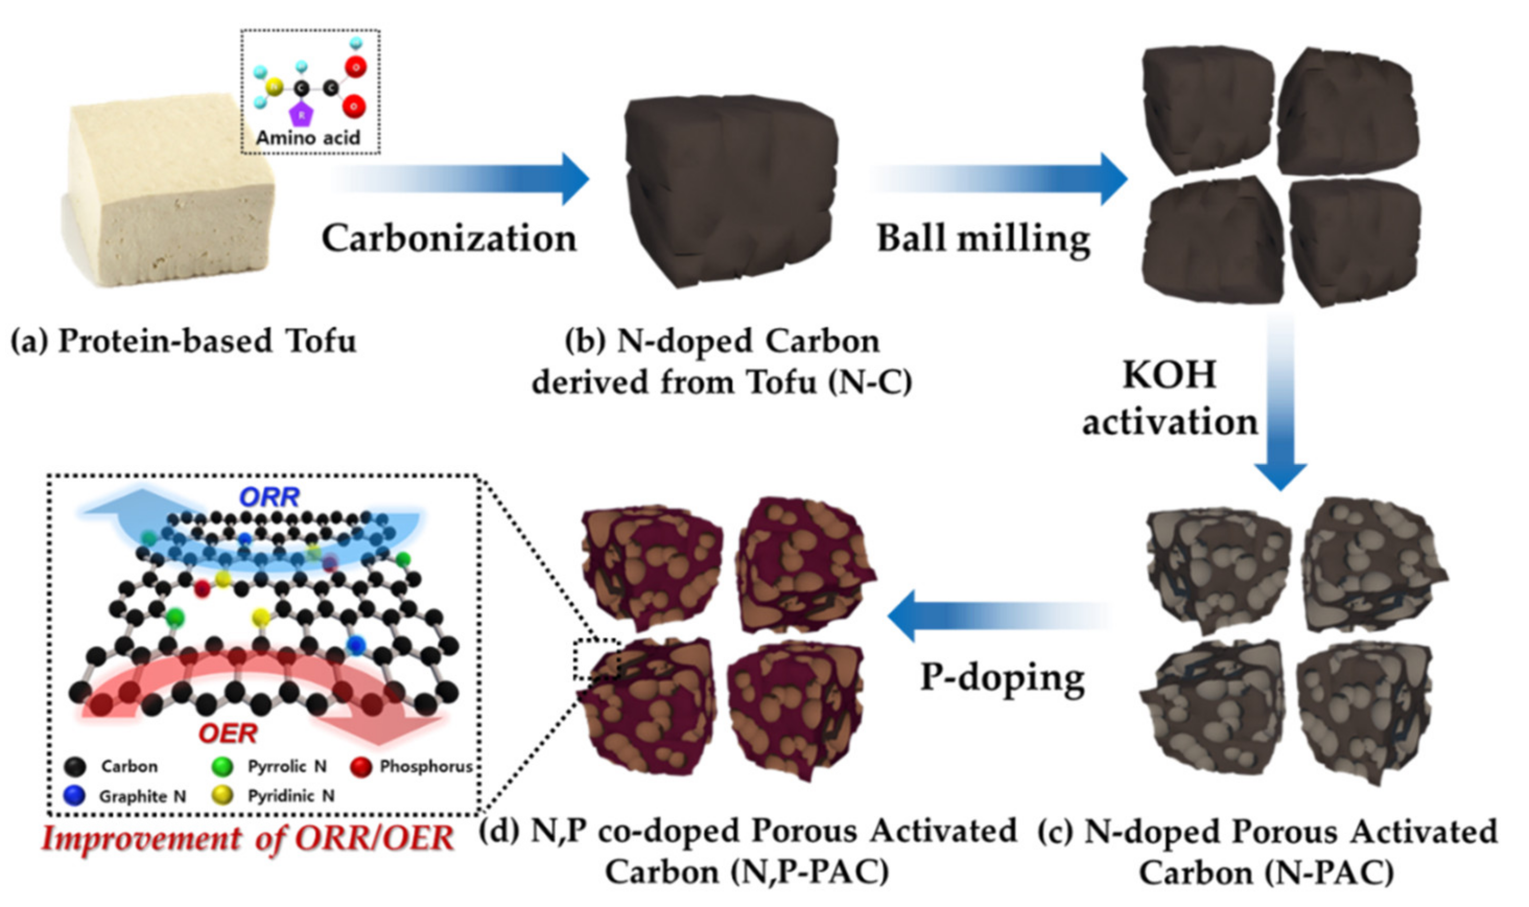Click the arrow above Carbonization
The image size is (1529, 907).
pyautogui.click(x=464, y=179)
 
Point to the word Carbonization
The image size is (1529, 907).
pyautogui.click(x=449, y=238)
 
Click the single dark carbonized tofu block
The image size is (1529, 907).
pyautogui.click(x=730, y=190)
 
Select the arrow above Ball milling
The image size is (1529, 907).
pyautogui.click(x=1002, y=179)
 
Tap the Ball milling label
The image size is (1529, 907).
pyautogui.click(x=983, y=238)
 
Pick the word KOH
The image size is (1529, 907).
pyautogui.click(x=1170, y=375)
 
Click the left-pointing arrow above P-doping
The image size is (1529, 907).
pyautogui.click(x=996, y=615)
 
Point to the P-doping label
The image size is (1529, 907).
pyautogui.click(x=1002, y=677)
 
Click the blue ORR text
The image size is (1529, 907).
pyautogui.click(x=269, y=497)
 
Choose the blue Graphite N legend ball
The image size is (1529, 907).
pyautogui.click(x=74, y=796)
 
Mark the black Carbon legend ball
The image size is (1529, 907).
pyautogui.click(x=75, y=766)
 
